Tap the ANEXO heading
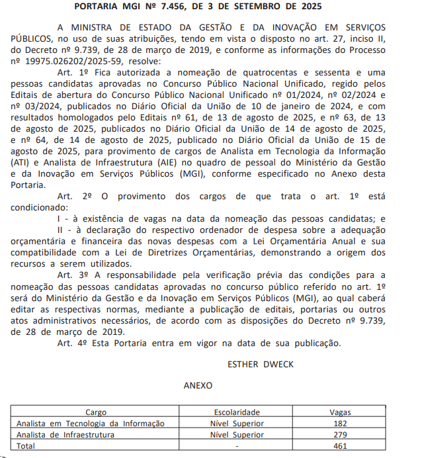pyautogui.click(x=198, y=385)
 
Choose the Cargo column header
pyautogui.click(x=96, y=412)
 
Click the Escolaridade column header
pyautogui.click(x=237, y=412)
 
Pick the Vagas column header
pyautogui.click(x=340, y=412)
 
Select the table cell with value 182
pyautogui.click(x=340, y=424)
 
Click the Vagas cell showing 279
pyautogui.click(x=340, y=435)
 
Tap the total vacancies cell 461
pyautogui.click(x=340, y=446)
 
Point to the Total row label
pyautogui.click(x=26, y=446)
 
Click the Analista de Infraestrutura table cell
pyautogui.click(x=65, y=435)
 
